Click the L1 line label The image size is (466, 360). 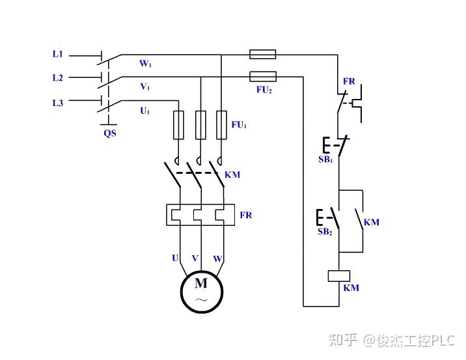click(x=57, y=54)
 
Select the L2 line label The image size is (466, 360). click(x=57, y=78)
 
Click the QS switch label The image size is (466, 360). click(x=110, y=133)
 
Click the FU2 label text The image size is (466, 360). click(x=264, y=90)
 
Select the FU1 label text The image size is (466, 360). click(x=239, y=124)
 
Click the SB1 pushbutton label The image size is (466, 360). click(x=325, y=159)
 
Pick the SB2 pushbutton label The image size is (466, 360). click(x=325, y=231)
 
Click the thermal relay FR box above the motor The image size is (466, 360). click(x=201, y=215)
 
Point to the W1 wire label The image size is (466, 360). click(x=145, y=64)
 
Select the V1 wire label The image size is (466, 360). click(x=144, y=87)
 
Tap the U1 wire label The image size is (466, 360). click(x=144, y=111)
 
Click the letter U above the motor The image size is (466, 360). click(x=175, y=258)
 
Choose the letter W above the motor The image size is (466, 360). click(x=218, y=259)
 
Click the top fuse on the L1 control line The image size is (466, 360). click(x=263, y=54)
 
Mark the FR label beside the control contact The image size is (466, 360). click(x=349, y=82)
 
